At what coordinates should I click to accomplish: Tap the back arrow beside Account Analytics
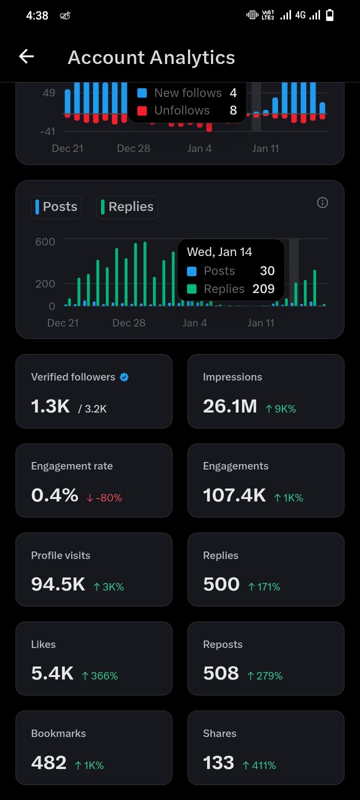(x=26, y=56)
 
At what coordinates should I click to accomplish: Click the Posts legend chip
(x=56, y=207)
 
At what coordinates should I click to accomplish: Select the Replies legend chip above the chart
(x=127, y=207)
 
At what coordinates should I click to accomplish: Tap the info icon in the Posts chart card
(x=322, y=202)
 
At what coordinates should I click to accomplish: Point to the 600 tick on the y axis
(x=45, y=242)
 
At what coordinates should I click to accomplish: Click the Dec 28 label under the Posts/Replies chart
(x=129, y=323)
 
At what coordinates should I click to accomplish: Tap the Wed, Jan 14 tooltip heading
(x=219, y=252)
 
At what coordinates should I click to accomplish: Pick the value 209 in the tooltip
(x=263, y=289)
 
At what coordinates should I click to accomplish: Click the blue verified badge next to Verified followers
(x=124, y=377)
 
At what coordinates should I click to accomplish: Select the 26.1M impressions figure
(x=230, y=406)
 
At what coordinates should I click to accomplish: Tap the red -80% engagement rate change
(x=104, y=498)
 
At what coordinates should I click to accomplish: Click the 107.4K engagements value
(x=234, y=495)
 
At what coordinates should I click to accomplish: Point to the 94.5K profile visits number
(x=58, y=584)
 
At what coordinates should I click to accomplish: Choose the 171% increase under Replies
(x=264, y=587)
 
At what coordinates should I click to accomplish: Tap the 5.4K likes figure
(x=52, y=673)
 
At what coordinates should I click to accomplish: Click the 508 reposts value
(x=221, y=673)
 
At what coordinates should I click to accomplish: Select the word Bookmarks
(x=58, y=733)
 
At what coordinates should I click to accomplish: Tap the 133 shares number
(x=218, y=763)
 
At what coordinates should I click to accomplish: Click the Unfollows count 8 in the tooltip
(x=233, y=110)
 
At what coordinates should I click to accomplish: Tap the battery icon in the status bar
(x=330, y=15)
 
